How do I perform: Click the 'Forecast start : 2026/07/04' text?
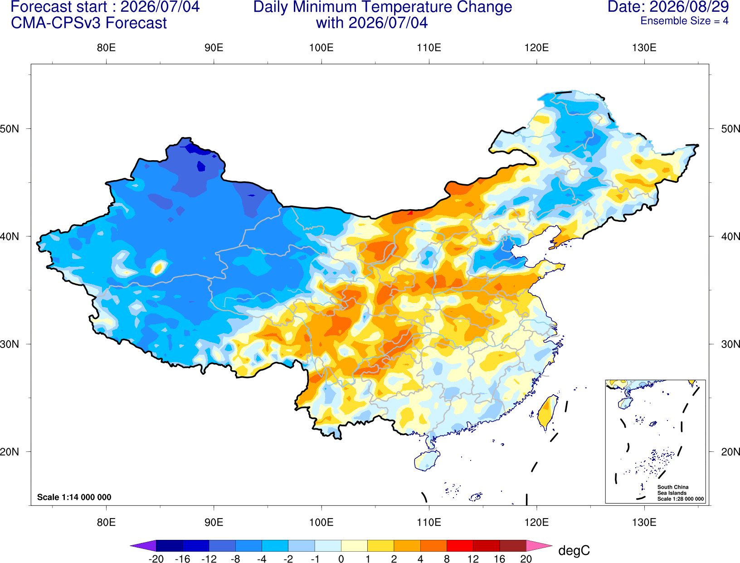click(105, 7)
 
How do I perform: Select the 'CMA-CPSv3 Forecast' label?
click(89, 23)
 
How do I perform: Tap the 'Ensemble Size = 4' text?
click(684, 21)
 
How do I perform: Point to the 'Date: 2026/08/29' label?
click(668, 7)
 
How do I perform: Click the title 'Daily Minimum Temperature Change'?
click(383, 7)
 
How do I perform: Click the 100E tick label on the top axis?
click(321, 48)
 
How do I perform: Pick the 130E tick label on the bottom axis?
click(644, 523)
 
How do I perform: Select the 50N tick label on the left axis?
click(10, 129)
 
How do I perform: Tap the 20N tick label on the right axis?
click(730, 452)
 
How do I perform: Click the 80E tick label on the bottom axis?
click(106, 523)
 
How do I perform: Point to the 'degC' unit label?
click(574, 550)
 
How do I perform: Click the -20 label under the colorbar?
click(156, 559)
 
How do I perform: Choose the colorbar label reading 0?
click(341, 559)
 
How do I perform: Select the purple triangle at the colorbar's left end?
click(146, 545)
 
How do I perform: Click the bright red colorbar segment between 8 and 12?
click(460, 545)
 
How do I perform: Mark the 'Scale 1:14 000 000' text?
click(74, 497)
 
